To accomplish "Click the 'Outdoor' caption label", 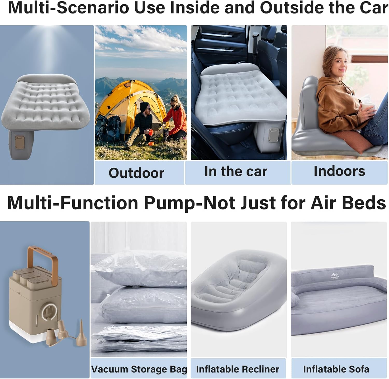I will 136,173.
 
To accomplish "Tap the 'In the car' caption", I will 235,171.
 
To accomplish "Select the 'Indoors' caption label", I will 339,171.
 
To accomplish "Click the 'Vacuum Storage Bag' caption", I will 139,369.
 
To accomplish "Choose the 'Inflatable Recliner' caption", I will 238,369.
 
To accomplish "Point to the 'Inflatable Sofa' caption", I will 336,369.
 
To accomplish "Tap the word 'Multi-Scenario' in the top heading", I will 68,8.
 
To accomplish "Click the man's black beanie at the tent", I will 144,106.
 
